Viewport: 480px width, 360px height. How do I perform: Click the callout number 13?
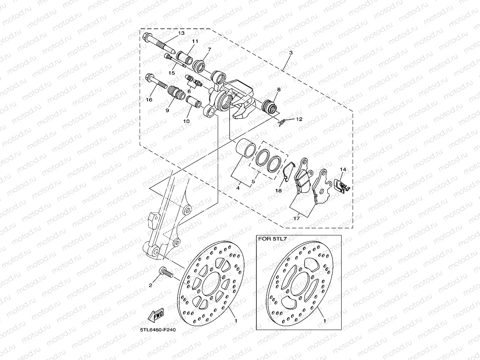tap(181, 33)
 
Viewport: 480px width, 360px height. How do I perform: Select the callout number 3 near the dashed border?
tap(291, 52)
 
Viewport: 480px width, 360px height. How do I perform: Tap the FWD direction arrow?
tap(156, 315)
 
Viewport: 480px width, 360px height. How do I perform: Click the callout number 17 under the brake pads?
tap(297, 218)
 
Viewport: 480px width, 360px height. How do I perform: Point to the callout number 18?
tap(279, 190)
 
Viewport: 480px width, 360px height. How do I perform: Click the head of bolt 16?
tap(149, 76)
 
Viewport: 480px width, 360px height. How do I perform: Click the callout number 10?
tap(186, 121)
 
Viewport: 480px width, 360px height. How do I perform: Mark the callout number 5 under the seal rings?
tap(252, 182)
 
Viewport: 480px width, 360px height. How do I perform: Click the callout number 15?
tap(172, 73)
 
